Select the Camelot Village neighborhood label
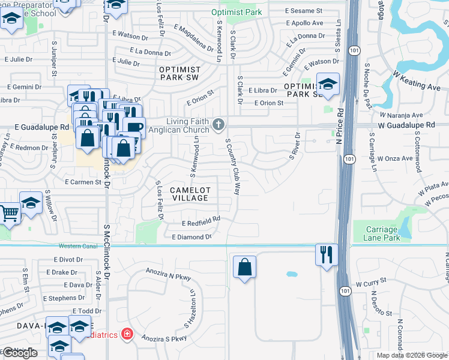189,193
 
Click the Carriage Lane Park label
381,233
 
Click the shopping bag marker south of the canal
244,267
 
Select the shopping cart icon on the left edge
8,212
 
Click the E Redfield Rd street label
200,222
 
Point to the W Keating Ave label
417,79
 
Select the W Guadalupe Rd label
406,125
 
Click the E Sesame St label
304,11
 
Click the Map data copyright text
412,355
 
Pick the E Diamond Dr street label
192,237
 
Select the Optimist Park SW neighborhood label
179,73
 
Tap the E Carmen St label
83,182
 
